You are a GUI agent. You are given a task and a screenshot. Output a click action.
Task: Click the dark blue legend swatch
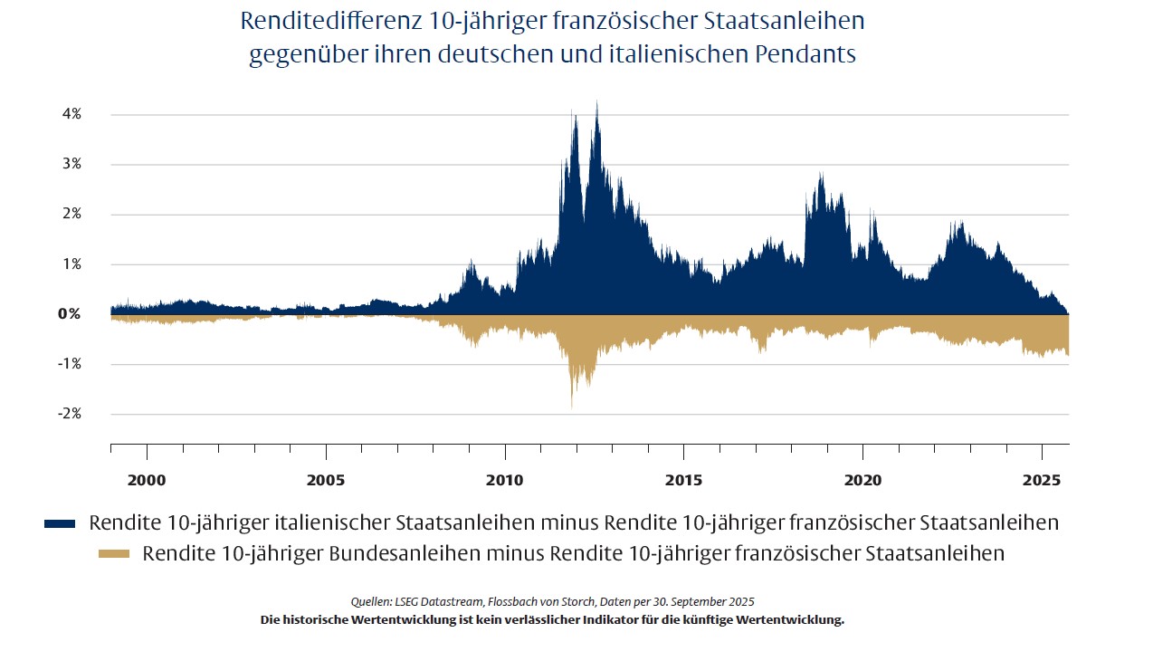(x=60, y=524)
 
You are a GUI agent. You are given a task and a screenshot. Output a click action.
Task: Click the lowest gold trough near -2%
(x=572, y=407)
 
